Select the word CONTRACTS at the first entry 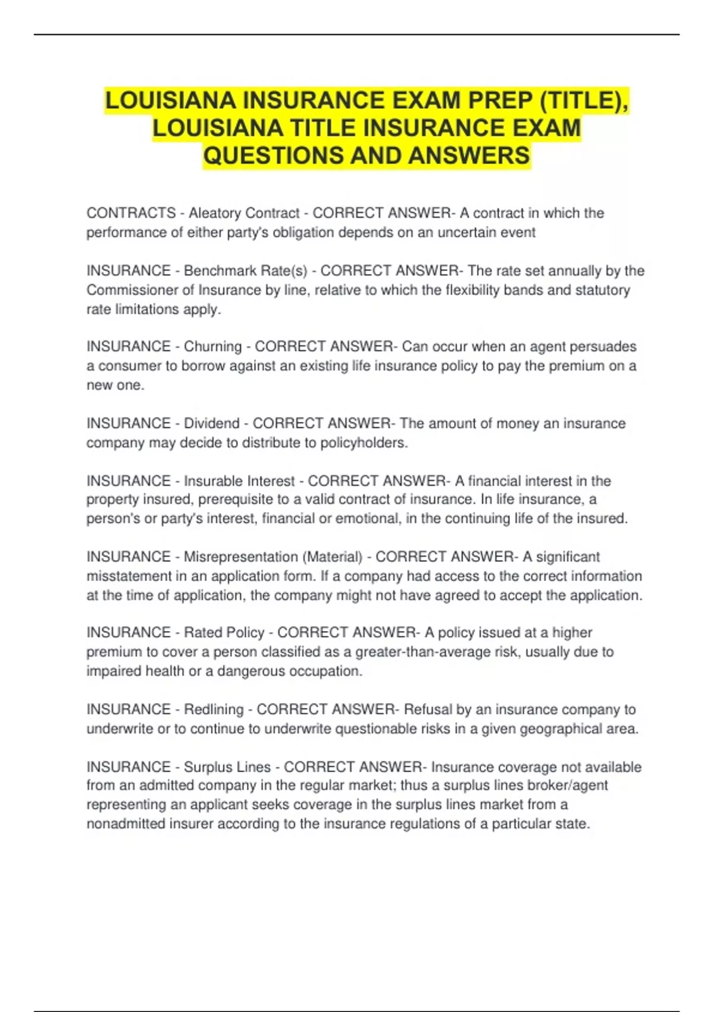[x=131, y=213]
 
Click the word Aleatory [x=214, y=213]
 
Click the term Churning [x=212, y=346]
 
